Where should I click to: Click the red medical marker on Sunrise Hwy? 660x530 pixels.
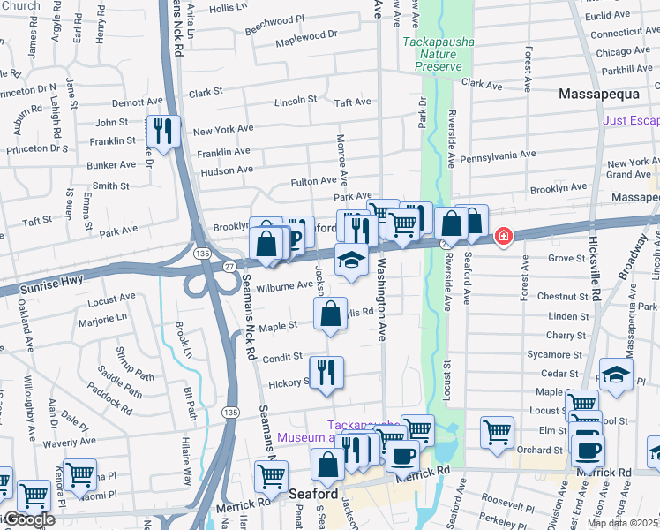pyautogui.click(x=503, y=237)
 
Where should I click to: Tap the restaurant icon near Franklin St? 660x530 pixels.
pyautogui.click(x=162, y=132)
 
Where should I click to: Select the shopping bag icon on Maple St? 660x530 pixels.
pyautogui.click(x=330, y=314)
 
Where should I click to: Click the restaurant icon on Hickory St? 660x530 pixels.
pyautogui.click(x=325, y=372)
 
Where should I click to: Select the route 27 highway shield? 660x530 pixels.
pyautogui.click(x=229, y=265)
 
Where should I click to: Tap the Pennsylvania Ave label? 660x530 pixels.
pyautogui.click(x=499, y=155)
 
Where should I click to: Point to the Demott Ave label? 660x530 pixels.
pyautogui.click(x=137, y=102)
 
